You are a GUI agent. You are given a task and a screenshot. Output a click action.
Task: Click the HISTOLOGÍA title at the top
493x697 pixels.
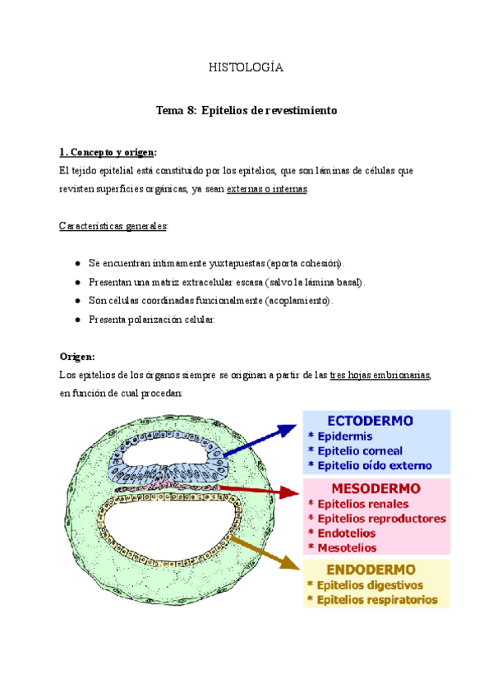coord(246,67)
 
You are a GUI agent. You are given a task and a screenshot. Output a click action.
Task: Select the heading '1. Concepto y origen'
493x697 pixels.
coord(107,153)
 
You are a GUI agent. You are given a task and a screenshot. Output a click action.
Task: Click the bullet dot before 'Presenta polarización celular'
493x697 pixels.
coord(76,320)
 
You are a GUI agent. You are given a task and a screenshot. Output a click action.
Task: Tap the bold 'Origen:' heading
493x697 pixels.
coord(77,357)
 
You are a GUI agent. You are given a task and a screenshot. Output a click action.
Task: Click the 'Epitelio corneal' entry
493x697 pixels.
coord(360,450)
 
